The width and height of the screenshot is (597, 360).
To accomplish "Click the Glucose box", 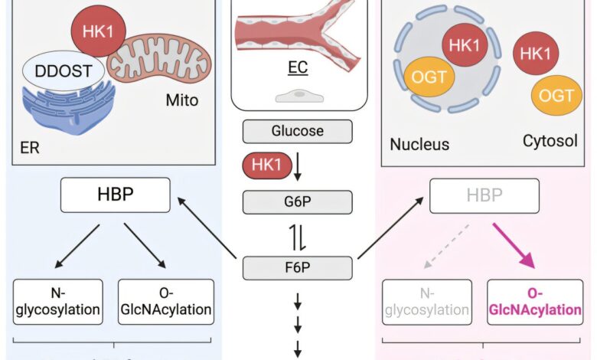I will (x=298, y=131).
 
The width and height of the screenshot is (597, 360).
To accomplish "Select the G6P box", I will (x=298, y=202).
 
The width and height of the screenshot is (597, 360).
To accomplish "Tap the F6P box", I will (x=298, y=268).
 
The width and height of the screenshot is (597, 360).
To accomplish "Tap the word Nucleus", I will (x=419, y=144).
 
